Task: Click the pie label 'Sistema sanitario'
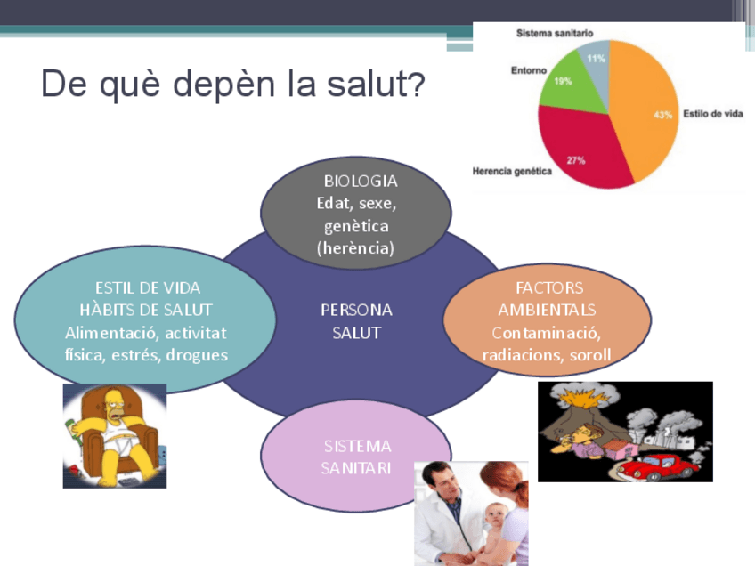[x=554, y=33]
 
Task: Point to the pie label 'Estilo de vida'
[x=712, y=114]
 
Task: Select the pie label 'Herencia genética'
[x=512, y=171]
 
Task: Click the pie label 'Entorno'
[x=529, y=70]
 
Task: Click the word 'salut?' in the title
[x=376, y=84]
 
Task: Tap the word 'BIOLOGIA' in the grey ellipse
[x=361, y=181]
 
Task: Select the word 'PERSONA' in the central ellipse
[x=356, y=310]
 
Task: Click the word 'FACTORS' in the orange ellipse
[x=549, y=287]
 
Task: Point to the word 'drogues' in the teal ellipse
[x=197, y=355]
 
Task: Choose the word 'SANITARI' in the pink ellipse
[x=356, y=468]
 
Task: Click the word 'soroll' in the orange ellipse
[x=589, y=355]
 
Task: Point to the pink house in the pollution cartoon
[x=621, y=450]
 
